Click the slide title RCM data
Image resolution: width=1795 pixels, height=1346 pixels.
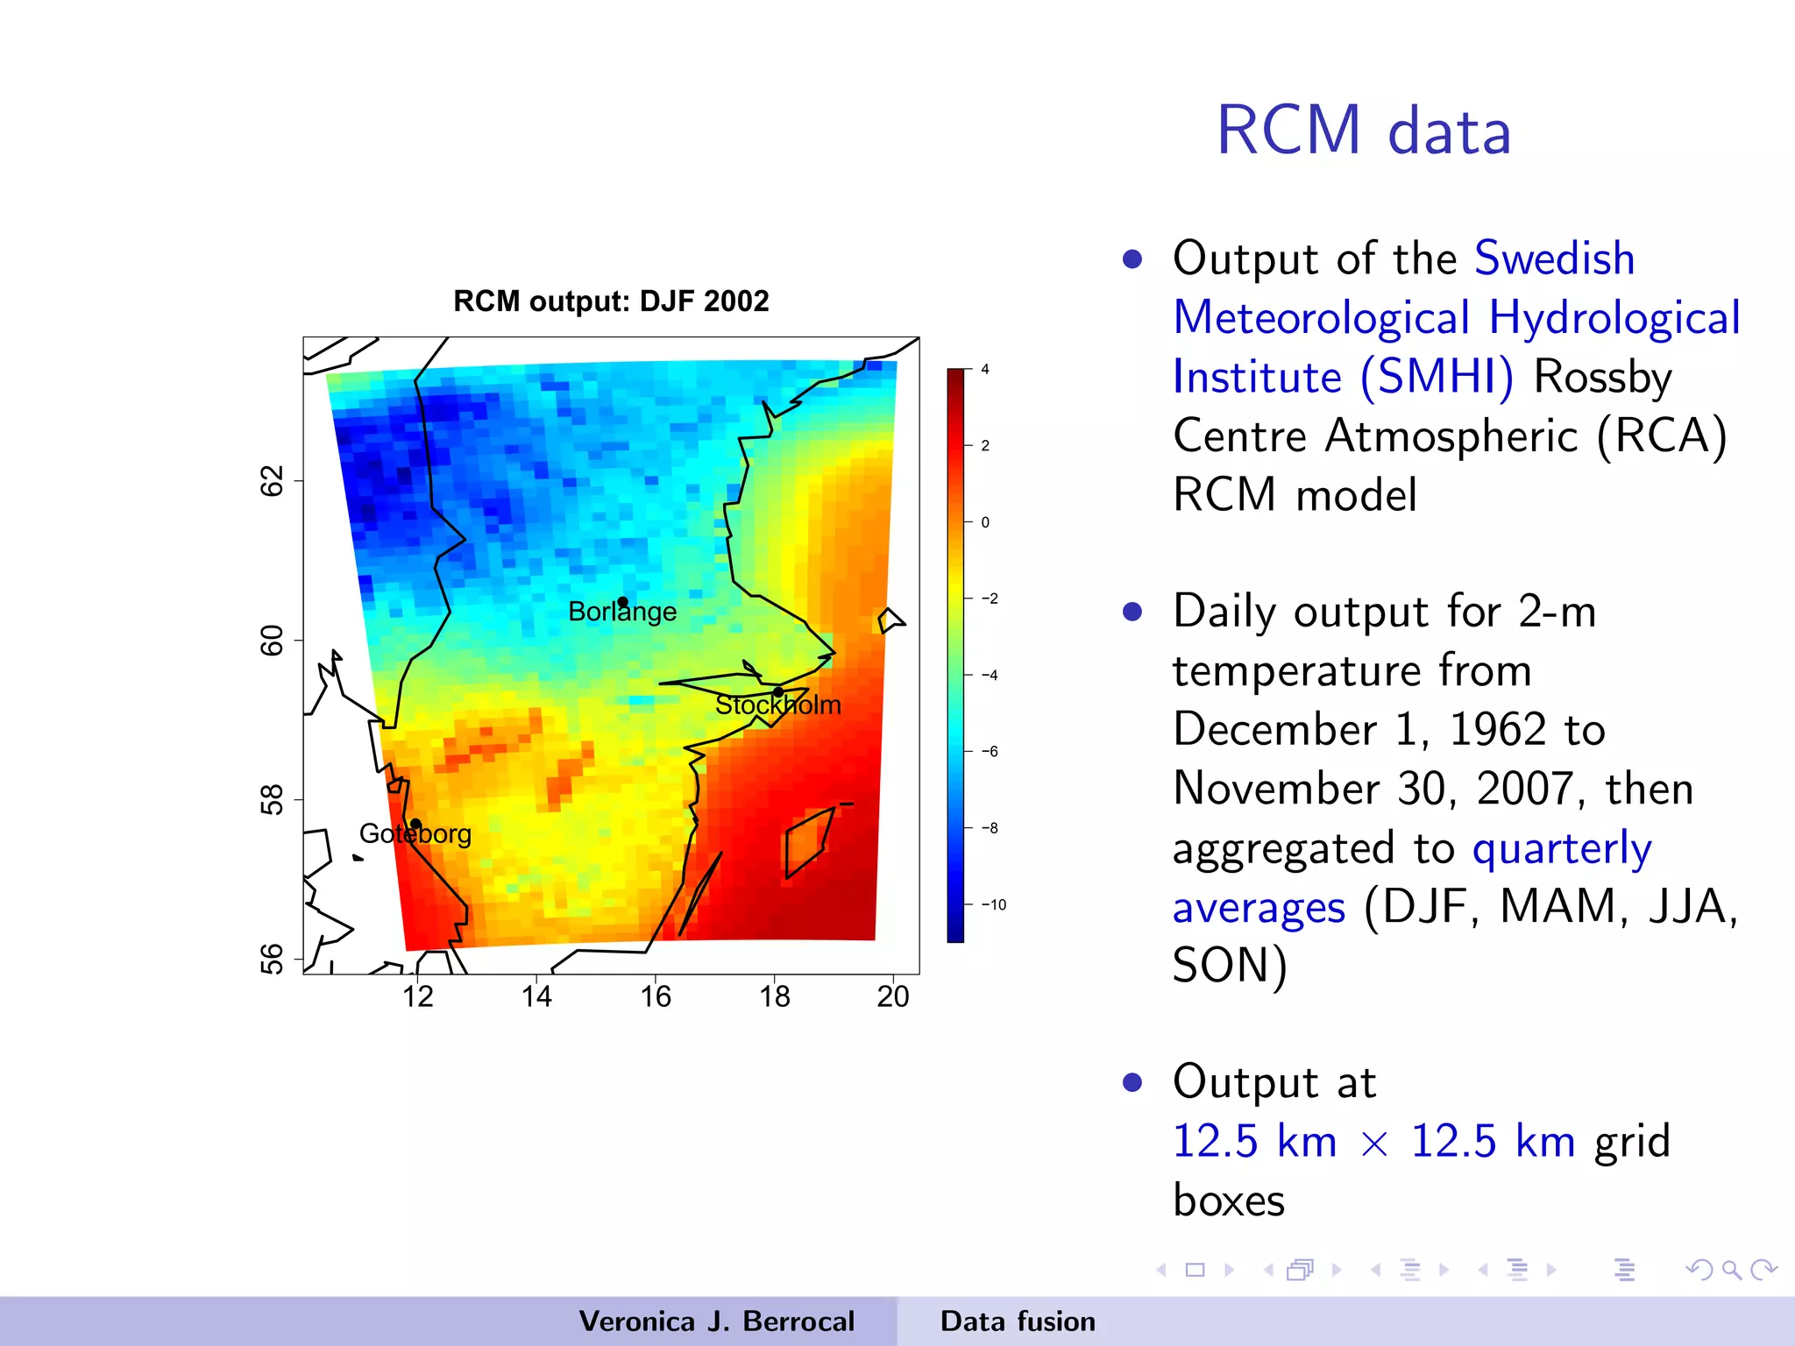tap(1364, 131)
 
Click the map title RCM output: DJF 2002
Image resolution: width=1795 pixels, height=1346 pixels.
tap(611, 301)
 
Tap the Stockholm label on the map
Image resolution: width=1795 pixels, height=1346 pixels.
tap(777, 705)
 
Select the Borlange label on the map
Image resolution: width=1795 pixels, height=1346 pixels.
tap(622, 612)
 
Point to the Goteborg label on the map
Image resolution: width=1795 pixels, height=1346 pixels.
tap(415, 833)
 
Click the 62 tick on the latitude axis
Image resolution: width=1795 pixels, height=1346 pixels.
tap(273, 481)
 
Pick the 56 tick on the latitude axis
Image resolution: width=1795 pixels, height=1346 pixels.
tap(273, 959)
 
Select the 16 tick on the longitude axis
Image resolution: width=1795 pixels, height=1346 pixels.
tap(655, 996)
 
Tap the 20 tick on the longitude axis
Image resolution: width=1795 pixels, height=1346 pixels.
tap(892, 996)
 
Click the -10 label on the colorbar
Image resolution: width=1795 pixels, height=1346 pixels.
tap(993, 904)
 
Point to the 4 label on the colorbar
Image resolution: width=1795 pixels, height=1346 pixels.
tap(985, 370)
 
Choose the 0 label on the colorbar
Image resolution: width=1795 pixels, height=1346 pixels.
tap(985, 522)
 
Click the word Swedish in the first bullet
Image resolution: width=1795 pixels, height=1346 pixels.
tap(1554, 259)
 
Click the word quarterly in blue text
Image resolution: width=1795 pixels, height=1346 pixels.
tap(1562, 848)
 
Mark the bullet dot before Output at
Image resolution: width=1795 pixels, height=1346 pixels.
tap(1132, 1082)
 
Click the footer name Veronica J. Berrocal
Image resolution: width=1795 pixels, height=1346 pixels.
tap(716, 1321)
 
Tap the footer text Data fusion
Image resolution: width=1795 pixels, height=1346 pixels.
tap(1018, 1321)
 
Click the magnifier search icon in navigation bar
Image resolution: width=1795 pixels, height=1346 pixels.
tap(1731, 1270)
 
